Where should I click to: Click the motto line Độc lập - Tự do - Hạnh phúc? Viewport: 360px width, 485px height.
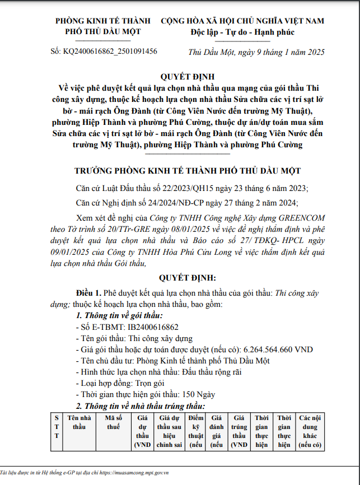tap(242, 31)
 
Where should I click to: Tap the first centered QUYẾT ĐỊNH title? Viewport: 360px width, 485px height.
tap(179, 76)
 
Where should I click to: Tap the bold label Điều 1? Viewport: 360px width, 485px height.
tap(88, 292)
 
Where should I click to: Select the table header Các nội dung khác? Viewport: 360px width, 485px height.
tap(312, 431)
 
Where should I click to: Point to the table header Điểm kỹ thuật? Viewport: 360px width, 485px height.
tap(195, 431)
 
